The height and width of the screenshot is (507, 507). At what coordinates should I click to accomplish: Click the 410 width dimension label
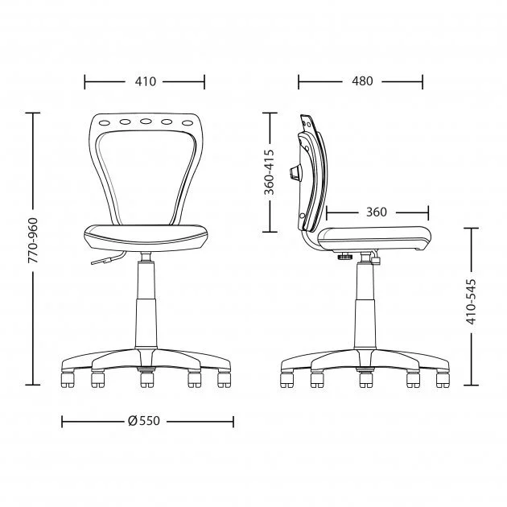(x=145, y=81)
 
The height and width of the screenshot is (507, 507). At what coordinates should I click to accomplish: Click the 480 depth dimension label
(x=362, y=81)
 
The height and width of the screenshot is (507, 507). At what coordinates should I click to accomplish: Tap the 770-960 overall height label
(x=33, y=241)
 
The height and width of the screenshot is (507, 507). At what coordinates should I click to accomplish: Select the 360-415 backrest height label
(x=269, y=172)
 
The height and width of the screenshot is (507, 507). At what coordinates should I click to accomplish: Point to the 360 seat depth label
(x=377, y=212)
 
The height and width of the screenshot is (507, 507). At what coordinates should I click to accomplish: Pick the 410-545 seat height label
(x=471, y=301)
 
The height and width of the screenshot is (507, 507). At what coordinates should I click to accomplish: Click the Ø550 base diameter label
(x=144, y=421)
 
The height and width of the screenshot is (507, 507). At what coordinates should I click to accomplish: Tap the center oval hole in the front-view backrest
(x=146, y=122)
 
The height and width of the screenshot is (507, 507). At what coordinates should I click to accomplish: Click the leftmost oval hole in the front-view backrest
(x=105, y=123)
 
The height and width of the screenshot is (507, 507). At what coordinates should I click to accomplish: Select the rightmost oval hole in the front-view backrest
(x=188, y=123)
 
